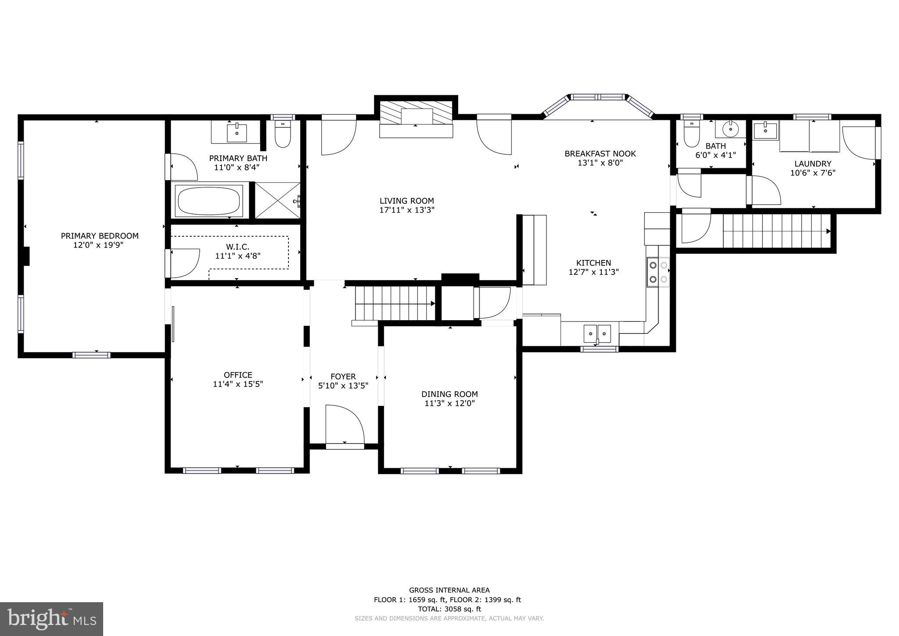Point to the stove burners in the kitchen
658,272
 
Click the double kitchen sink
597,333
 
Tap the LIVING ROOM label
406,201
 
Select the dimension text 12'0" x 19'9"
98,245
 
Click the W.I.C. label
237,247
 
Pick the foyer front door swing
345,424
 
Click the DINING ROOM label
449,394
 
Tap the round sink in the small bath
730,129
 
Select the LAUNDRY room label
813,163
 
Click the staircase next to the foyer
393,303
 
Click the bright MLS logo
52,619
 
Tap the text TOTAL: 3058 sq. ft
449,609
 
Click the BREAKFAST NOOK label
600,153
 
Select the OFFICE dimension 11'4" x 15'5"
238,384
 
